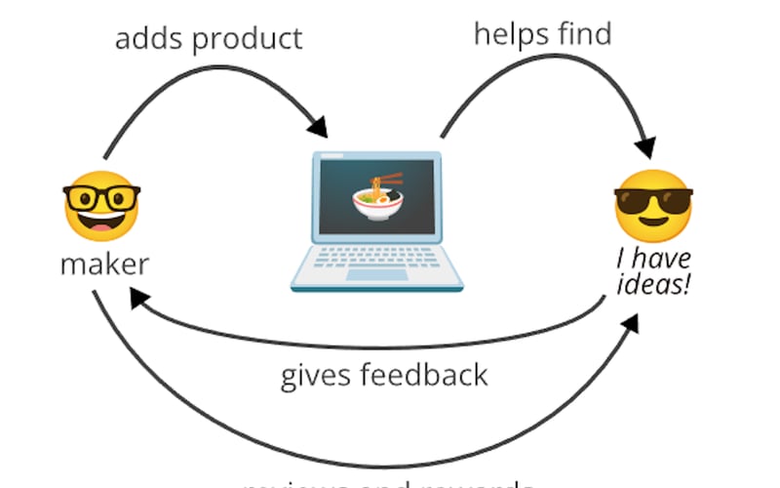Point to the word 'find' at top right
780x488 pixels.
(584, 33)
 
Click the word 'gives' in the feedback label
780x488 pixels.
(316, 375)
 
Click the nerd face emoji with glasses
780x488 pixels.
(101, 206)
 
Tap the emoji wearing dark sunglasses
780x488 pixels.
(652, 206)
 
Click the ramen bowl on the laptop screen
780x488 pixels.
(376, 204)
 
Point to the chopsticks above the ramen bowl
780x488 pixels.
(388, 180)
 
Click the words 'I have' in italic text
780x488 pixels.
(654, 260)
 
